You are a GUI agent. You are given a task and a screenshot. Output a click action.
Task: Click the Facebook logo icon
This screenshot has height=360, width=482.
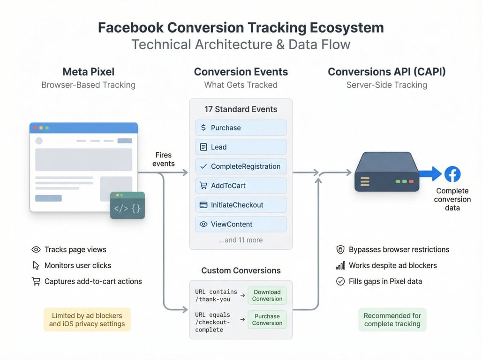pyautogui.click(x=452, y=174)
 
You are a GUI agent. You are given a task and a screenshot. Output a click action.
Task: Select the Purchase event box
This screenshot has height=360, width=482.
pyautogui.click(x=241, y=128)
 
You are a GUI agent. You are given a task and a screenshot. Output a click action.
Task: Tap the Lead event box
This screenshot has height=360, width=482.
pyautogui.click(x=241, y=147)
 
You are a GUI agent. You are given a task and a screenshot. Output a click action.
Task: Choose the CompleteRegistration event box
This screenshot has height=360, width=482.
pyautogui.click(x=241, y=166)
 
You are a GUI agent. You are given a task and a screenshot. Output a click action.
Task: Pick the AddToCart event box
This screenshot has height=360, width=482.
pyautogui.click(x=241, y=186)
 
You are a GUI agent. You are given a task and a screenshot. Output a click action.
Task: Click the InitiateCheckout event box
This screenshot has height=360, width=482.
pyautogui.click(x=241, y=205)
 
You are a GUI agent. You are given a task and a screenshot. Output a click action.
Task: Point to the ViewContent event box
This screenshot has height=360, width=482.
pyautogui.click(x=241, y=224)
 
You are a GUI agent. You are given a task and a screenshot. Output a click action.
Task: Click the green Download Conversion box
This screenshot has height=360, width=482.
pyautogui.click(x=267, y=295)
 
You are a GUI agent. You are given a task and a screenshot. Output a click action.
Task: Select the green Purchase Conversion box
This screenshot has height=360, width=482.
pyautogui.click(x=267, y=320)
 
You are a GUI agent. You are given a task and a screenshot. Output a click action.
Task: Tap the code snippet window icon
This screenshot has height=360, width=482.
pyautogui.click(x=127, y=205)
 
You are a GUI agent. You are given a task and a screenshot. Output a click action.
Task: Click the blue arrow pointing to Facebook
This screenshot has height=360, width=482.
pyautogui.click(x=430, y=174)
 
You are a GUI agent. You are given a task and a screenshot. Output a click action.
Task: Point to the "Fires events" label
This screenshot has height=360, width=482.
pyautogui.click(x=164, y=159)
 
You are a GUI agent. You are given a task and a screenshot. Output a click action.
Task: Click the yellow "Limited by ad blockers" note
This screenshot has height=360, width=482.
pyautogui.click(x=87, y=320)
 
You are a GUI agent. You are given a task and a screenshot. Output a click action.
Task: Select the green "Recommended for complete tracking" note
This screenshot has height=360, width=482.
pyautogui.click(x=392, y=320)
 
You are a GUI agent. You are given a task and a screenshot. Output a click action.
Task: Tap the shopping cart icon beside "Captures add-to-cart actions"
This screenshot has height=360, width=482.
pyautogui.click(x=36, y=281)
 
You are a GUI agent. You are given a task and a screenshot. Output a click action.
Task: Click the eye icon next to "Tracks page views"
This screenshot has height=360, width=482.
pyautogui.click(x=36, y=249)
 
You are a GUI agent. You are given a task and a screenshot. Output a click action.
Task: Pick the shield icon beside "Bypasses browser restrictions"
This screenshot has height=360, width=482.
pyautogui.click(x=340, y=249)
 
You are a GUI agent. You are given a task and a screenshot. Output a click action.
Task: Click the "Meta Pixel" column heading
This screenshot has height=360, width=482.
pyautogui.click(x=89, y=72)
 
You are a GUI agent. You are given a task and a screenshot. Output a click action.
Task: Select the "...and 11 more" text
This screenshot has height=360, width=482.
pyautogui.click(x=241, y=240)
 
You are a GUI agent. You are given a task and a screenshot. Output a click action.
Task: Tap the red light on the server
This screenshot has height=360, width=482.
pyautogui.click(x=411, y=181)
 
